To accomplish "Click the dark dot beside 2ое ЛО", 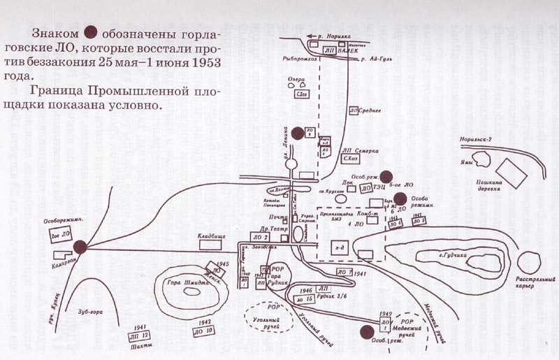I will [80, 245].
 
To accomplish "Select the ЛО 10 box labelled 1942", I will [205, 331].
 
